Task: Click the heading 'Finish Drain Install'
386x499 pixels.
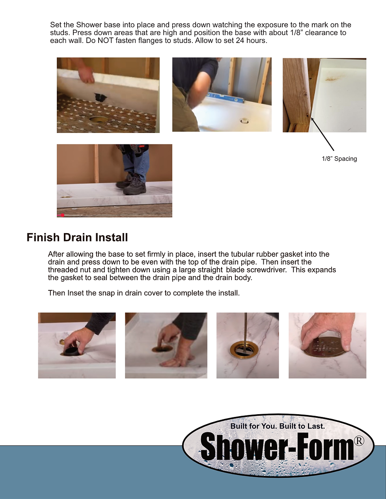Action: point(77,237)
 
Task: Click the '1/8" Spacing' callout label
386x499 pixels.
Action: point(339,159)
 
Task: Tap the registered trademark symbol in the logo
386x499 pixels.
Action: point(359,441)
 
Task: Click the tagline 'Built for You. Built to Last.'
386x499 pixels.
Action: point(278,426)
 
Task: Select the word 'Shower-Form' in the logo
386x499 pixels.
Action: point(277,447)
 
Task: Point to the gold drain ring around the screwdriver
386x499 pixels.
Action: point(244,349)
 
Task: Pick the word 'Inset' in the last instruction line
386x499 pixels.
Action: point(76,293)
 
